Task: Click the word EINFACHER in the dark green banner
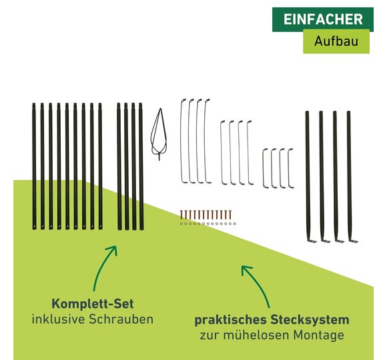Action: click(x=323, y=19)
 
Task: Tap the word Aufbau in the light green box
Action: click(x=336, y=41)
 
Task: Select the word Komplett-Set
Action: click(x=93, y=303)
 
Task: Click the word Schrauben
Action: click(x=121, y=319)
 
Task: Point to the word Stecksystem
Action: click(x=310, y=320)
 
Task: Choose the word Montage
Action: click(x=318, y=335)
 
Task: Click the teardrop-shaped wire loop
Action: click(x=159, y=135)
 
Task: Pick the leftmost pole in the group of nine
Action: click(x=34, y=167)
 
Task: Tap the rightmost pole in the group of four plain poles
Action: click(x=141, y=167)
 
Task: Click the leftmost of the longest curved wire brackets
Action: click(x=182, y=141)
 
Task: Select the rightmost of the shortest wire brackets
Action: click(x=290, y=169)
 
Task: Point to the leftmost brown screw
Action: click(x=181, y=215)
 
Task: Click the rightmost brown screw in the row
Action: click(x=230, y=215)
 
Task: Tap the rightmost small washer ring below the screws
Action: click(x=235, y=223)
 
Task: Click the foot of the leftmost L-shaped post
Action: click(x=312, y=241)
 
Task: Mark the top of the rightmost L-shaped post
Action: click(x=348, y=113)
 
